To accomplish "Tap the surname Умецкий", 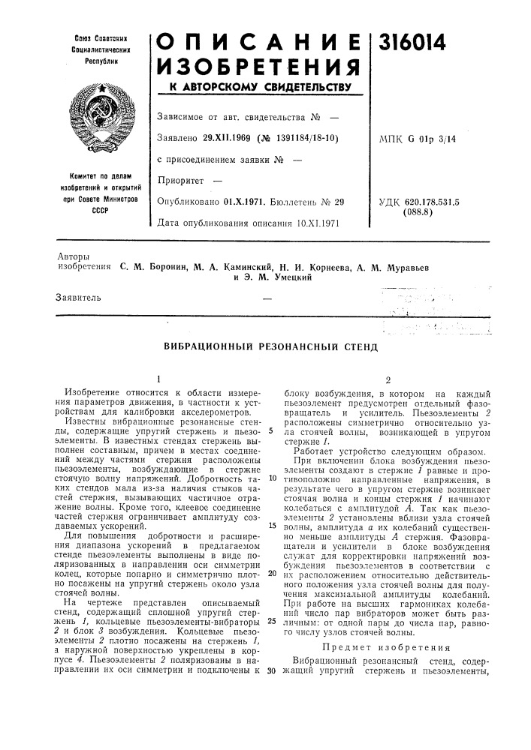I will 286,277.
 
